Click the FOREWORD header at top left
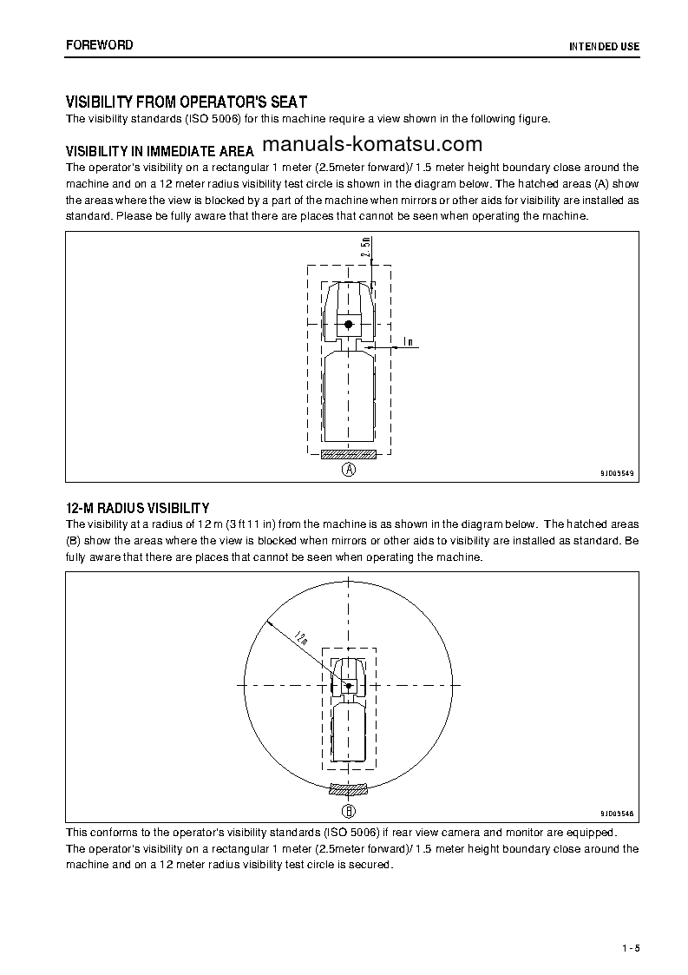(x=100, y=44)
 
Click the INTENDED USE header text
(x=604, y=45)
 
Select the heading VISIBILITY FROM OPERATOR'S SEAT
(x=187, y=102)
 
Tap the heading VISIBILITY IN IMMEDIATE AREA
(x=161, y=149)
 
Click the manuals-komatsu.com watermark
(x=371, y=144)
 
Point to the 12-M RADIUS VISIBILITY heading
(x=138, y=508)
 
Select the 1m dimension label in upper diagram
(x=407, y=342)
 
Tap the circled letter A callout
(x=348, y=470)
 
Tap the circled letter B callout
(x=348, y=812)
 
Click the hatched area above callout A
(x=348, y=454)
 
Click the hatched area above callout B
(x=348, y=789)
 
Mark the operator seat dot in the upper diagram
(x=348, y=324)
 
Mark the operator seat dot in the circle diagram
(x=348, y=686)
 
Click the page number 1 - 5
(x=630, y=947)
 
